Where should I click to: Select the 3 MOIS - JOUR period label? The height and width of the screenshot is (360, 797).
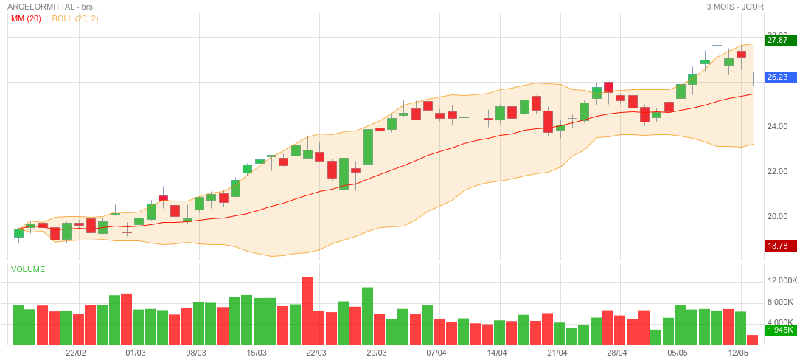(x=734, y=7)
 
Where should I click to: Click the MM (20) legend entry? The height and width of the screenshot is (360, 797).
(x=26, y=18)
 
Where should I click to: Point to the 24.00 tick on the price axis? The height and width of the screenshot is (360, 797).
(x=777, y=126)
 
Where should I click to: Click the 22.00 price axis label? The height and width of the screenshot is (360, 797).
(x=777, y=171)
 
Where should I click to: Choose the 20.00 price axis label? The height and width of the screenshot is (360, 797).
(x=777, y=217)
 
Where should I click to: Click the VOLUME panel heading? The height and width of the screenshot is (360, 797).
(x=28, y=269)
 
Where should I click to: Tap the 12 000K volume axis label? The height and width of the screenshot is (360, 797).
(x=782, y=281)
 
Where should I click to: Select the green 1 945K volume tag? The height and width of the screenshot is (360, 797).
(x=780, y=330)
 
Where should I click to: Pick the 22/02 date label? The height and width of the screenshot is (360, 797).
(x=76, y=353)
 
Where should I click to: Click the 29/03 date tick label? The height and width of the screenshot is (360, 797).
(x=376, y=353)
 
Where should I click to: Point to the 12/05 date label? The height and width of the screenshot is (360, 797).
(x=739, y=353)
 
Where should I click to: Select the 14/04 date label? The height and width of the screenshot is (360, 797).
(x=497, y=353)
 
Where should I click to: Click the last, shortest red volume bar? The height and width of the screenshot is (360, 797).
(x=752, y=340)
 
